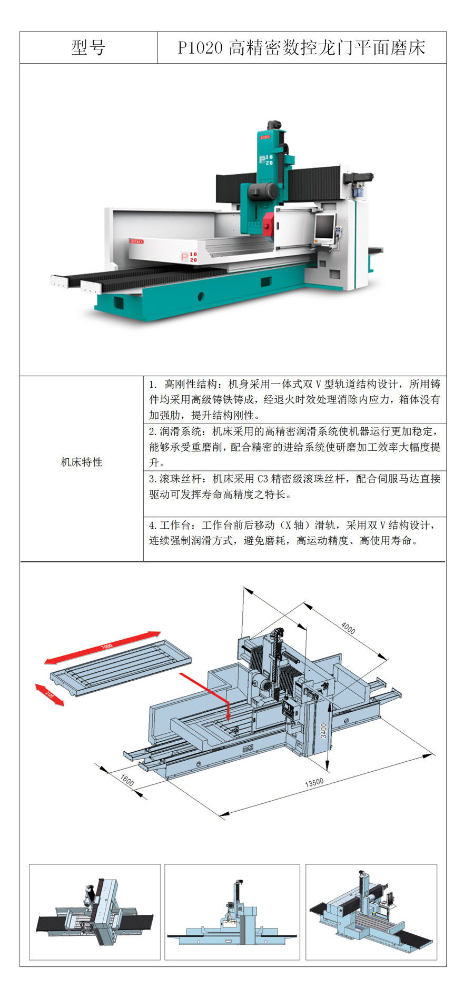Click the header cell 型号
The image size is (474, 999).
click(x=88, y=48)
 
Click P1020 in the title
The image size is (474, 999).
click(x=200, y=48)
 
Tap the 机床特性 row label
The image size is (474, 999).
click(x=82, y=462)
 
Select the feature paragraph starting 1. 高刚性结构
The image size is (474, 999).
click(x=294, y=399)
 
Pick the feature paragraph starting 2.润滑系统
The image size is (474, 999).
click(x=294, y=447)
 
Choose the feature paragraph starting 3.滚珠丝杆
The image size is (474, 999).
click(x=294, y=487)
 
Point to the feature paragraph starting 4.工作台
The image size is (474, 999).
click(x=294, y=533)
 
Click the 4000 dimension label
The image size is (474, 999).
click(x=348, y=628)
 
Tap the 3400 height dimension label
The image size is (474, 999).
click(x=323, y=730)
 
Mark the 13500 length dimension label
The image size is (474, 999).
click(x=314, y=783)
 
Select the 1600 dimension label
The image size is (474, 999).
click(x=127, y=780)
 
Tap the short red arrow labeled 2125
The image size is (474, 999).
click(x=50, y=694)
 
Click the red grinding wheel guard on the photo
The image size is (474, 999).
click(x=268, y=225)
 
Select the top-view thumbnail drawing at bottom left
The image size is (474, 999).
click(x=95, y=912)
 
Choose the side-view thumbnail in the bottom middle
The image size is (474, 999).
click(x=232, y=912)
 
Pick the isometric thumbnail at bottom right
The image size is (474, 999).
click(x=371, y=912)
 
